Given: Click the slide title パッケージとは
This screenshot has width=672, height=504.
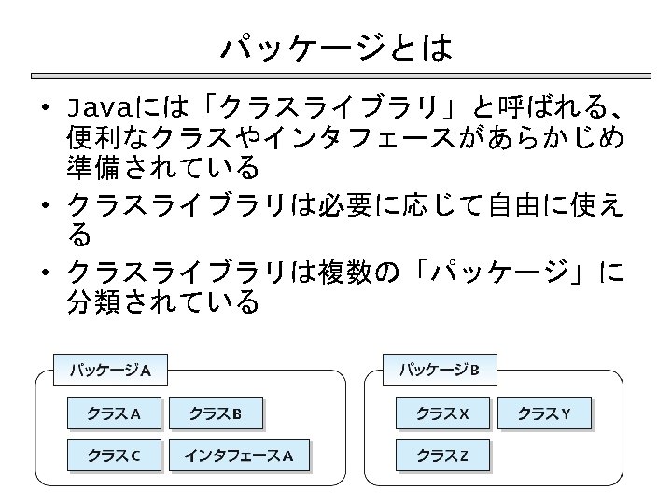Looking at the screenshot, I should [x=336, y=47].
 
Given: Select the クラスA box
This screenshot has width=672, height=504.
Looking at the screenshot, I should [x=114, y=413].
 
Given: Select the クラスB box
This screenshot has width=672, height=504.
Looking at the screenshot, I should [x=215, y=413].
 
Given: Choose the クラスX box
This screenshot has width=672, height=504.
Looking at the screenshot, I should [x=442, y=413].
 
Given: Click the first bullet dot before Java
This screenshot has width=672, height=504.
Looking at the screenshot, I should [x=44, y=105].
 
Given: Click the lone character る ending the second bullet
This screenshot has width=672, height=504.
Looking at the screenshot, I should [x=80, y=233].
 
